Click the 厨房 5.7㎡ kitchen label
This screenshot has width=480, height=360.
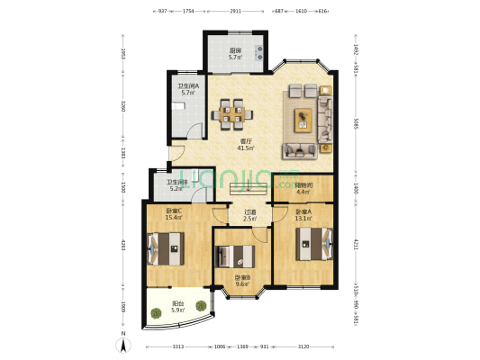coord(234,54)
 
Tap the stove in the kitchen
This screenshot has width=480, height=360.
coord(258,50)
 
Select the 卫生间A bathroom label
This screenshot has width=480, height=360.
coord(187,89)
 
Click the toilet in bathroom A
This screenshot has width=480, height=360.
coord(181,106)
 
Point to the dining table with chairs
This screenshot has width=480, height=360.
coord(231,113)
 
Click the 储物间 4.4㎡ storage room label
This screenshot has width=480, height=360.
coord(303,188)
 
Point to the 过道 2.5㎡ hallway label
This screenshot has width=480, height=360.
coord(249,215)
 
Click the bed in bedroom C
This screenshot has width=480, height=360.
coord(165,247)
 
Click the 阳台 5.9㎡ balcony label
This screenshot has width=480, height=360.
coord(179,305)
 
